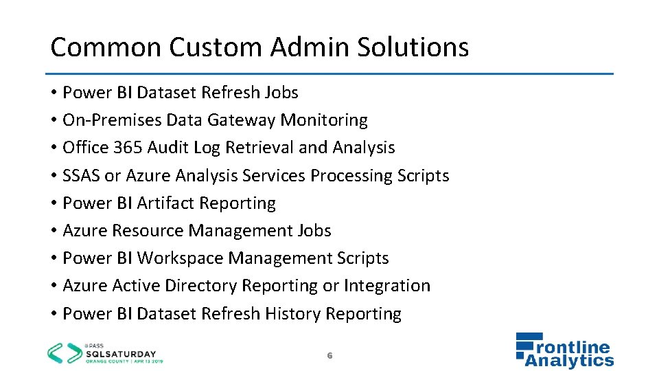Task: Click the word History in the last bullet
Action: [293, 314]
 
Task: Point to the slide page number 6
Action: [329, 355]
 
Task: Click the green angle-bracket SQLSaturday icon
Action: [62, 352]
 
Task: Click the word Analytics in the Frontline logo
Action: [570, 360]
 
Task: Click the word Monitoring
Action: [325, 120]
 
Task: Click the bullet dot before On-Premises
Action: [54, 120]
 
